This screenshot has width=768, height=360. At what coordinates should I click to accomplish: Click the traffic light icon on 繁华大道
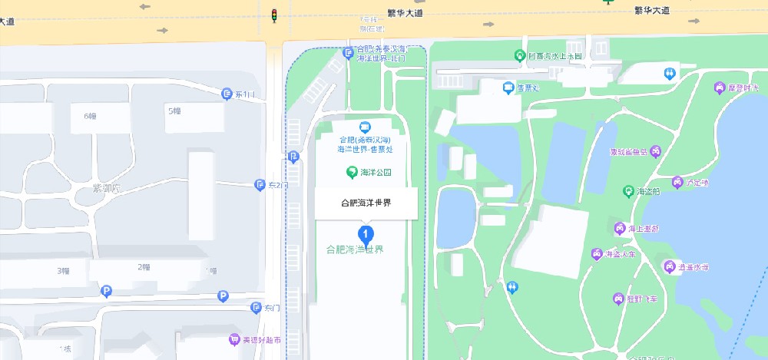click(274, 15)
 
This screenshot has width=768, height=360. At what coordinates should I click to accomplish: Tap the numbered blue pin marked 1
click(366, 233)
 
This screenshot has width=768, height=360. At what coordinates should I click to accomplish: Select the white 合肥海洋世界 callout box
click(366, 203)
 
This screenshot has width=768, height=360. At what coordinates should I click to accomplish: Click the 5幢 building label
click(174, 111)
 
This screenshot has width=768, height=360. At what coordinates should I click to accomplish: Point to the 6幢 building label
click(89, 116)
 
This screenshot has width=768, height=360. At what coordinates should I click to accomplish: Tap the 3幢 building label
click(64, 271)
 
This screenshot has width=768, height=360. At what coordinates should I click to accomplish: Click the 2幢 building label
click(144, 267)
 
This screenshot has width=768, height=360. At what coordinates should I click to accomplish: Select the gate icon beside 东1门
click(227, 94)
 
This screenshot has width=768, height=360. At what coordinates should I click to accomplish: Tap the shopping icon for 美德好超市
click(233, 339)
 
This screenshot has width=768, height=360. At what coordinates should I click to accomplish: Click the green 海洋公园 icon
click(352, 172)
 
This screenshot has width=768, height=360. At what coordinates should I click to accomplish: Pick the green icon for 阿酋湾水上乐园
click(520, 55)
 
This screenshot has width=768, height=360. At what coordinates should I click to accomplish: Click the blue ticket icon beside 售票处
click(508, 88)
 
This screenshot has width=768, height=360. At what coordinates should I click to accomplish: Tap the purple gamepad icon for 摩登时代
click(720, 88)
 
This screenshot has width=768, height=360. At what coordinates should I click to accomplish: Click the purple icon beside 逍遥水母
click(668, 266)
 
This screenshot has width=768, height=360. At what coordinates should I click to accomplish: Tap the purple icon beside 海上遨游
click(619, 228)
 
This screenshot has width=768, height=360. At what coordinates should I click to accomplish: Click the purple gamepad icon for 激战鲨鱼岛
click(656, 151)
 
